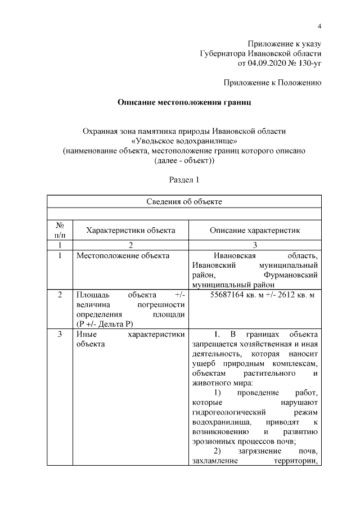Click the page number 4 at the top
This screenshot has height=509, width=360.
point(319,26)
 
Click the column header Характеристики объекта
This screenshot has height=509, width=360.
point(130,230)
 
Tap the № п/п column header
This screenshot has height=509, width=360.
point(61,230)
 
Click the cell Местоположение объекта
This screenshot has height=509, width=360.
point(123,256)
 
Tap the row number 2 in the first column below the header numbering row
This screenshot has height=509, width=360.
point(61,295)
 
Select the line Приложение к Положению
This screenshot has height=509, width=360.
point(272,83)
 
